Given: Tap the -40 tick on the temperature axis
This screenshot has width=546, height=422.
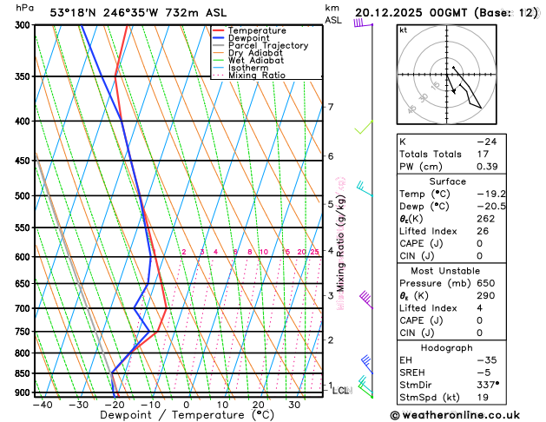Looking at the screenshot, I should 42,404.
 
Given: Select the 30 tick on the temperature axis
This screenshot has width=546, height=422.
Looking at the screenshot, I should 294,404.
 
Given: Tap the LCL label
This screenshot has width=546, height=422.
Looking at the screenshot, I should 340,391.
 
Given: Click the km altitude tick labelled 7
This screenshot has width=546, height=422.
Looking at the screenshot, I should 330,107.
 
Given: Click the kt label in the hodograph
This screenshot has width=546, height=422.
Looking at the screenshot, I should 403,30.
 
